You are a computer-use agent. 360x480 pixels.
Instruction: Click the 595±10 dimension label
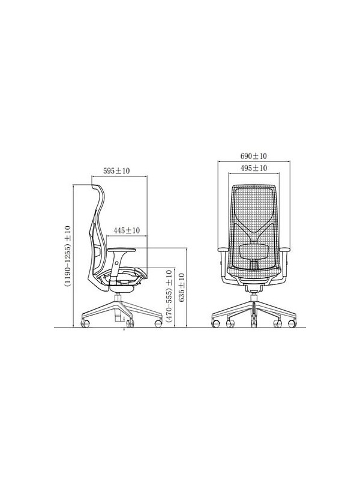117,171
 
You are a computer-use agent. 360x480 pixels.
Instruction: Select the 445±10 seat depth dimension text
126,230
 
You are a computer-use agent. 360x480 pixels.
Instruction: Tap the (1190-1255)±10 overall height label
67,257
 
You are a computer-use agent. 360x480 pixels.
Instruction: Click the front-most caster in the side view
158,323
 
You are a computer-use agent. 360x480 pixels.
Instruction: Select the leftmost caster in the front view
214,323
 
